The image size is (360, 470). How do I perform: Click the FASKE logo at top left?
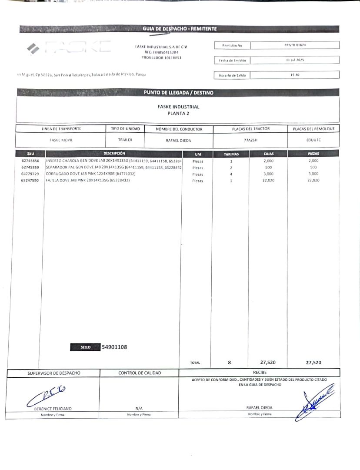click(68, 47)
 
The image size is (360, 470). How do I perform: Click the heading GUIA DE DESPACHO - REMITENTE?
click(180, 29)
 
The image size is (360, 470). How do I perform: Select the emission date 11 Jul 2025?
click(295, 60)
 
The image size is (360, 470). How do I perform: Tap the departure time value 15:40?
click(295, 75)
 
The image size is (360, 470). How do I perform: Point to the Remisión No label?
click(232, 45)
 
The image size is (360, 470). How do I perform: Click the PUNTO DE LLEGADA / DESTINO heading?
click(179, 93)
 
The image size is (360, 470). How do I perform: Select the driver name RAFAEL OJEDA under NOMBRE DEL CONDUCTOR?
click(178, 141)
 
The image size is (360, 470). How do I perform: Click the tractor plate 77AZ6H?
click(250, 140)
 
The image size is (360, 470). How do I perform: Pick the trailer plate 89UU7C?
click(313, 140)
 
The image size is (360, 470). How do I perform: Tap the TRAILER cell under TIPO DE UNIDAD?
click(125, 140)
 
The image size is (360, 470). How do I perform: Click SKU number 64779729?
click(30, 174)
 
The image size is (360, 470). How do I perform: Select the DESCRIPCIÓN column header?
click(114, 154)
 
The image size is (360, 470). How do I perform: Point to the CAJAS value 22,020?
click(268, 180)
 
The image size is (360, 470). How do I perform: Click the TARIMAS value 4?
click(231, 174)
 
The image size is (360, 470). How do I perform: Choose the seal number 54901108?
click(114, 347)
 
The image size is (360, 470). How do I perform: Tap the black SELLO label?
click(85, 347)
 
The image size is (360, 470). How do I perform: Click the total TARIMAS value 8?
click(230, 362)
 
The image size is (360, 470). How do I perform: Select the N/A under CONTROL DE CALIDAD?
click(139, 408)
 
